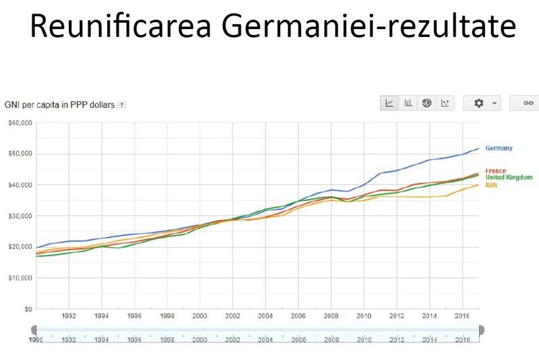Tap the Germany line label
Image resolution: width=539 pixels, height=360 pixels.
tap(499, 148)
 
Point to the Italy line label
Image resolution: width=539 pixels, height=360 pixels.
tap(490, 184)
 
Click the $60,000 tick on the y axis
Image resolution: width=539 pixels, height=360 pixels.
tap(20, 123)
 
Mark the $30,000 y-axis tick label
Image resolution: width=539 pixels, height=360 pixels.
tap(20, 216)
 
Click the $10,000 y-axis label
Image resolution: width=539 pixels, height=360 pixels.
tap(20, 278)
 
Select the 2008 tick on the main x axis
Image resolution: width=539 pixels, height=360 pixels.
tap(331, 316)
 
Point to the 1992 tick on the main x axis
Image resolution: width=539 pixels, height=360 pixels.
tap(68, 316)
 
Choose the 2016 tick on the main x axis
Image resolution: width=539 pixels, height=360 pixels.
tap(463, 316)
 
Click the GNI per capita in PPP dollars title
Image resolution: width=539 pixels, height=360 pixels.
tap(59, 105)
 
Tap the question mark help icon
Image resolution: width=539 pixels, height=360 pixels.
tap(122, 105)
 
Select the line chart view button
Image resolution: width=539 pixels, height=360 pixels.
tap(389, 103)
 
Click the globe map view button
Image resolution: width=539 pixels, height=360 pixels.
tap(426, 103)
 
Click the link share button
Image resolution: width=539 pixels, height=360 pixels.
tap(528, 103)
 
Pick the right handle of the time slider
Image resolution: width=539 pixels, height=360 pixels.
tap(480, 330)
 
